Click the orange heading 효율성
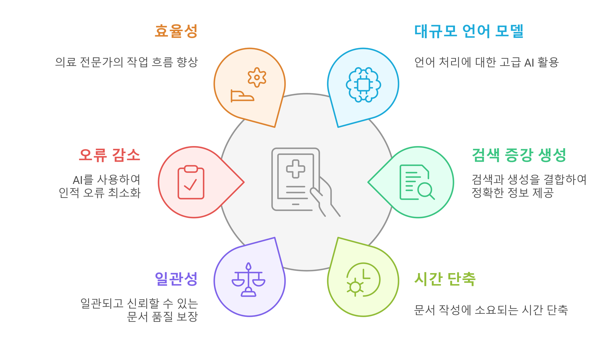[x=176, y=31]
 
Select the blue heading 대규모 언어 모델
[x=469, y=31]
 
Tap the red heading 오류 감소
[x=110, y=155]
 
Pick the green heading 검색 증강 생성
[x=519, y=155]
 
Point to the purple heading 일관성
[x=176, y=279]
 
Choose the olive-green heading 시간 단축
[x=445, y=279]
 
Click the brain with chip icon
[x=364, y=84]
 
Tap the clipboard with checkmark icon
[x=191, y=182]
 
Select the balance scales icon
[x=248, y=279]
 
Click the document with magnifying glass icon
[x=417, y=182]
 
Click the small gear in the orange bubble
[x=257, y=77]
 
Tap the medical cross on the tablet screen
[x=296, y=169]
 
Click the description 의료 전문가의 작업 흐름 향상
[x=127, y=62]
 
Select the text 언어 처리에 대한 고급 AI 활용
[x=487, y=62]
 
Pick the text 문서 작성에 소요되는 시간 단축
[x=491, y=310]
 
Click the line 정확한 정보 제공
[x=513, y=193]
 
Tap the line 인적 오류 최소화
[x=100, y=193]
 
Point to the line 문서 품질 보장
[x=162, y=317]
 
